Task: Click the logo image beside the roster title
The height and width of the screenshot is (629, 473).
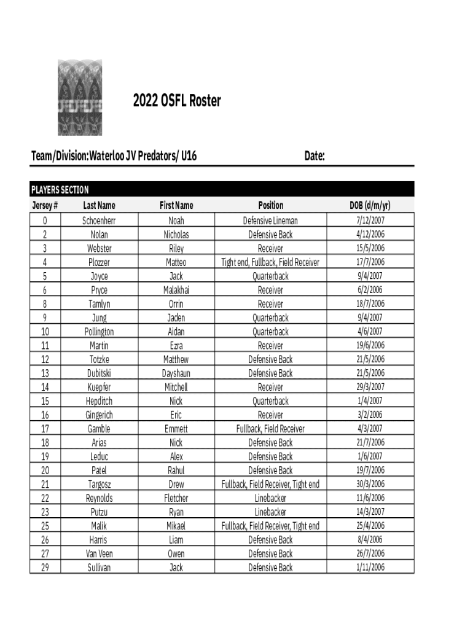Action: [80, 97]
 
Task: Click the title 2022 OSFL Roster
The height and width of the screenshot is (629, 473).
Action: [177, 101]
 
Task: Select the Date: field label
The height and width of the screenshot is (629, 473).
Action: [315, 157]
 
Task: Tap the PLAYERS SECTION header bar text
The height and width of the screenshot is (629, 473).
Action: [60, 190]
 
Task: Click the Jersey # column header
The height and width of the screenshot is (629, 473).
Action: [45, 205]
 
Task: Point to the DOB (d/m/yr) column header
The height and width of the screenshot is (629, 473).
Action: [370, 205]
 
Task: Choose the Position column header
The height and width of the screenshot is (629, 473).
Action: [270, 205]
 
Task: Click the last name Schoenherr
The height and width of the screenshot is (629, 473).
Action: [99, 221]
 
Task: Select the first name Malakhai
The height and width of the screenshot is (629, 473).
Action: [176, 290]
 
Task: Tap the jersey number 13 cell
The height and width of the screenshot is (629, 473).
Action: [45, 373]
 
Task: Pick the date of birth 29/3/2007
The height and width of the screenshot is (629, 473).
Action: [370, 387]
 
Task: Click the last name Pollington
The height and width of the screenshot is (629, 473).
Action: [99, 332]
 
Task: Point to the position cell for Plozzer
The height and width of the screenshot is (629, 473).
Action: [270, 262]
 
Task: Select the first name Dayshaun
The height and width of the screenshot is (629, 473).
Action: [176, 373]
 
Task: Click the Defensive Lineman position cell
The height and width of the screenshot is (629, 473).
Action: [270, 221]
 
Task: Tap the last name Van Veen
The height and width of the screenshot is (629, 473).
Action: [99, 553]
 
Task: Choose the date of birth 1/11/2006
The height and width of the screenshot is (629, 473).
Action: [370, 568]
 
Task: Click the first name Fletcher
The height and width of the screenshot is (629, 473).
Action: [176, 498]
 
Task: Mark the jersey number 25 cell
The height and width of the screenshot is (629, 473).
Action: [45, 526]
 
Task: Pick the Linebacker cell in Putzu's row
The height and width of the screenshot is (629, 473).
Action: [270, 512]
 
